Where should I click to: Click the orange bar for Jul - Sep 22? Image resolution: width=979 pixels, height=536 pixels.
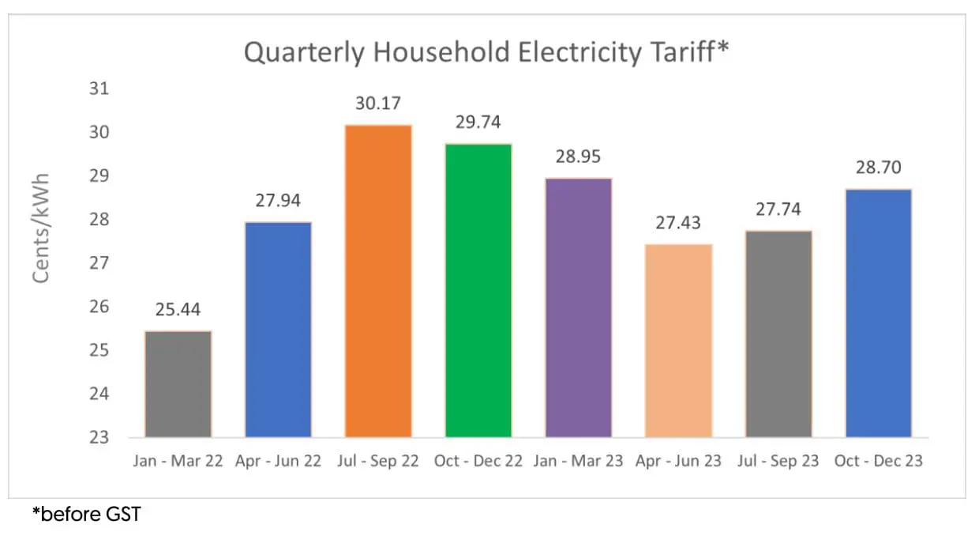(x=378, y=281)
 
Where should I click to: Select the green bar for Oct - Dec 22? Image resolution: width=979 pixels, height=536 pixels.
(x=478, y=290)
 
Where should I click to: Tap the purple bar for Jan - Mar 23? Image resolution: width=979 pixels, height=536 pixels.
(x=579, y=308)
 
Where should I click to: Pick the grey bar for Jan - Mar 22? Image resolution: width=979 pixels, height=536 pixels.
(x=178, y=383)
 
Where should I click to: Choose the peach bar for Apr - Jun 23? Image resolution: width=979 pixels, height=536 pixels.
(x=679, y=340)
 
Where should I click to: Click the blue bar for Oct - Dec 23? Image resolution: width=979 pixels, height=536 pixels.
(x=879, y=312)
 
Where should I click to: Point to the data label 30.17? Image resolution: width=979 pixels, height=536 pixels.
(x=378, y=104)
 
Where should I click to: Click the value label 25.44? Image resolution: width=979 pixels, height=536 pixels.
(x=178, y=310)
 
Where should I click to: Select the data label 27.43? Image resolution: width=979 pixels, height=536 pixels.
(x=679, y=223)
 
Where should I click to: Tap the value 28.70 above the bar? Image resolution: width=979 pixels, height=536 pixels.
(x=879, y=168)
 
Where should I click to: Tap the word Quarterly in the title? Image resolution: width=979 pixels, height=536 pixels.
(x=303, y=52)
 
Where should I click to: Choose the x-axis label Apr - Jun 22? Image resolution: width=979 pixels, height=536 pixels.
(x=278, y=461)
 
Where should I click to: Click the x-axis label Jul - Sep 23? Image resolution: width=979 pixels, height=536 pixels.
(x=778, y=461)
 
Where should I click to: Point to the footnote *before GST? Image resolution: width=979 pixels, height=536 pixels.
(x=86, y=515)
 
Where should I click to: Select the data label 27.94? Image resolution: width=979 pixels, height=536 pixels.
(x=278, y=201)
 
